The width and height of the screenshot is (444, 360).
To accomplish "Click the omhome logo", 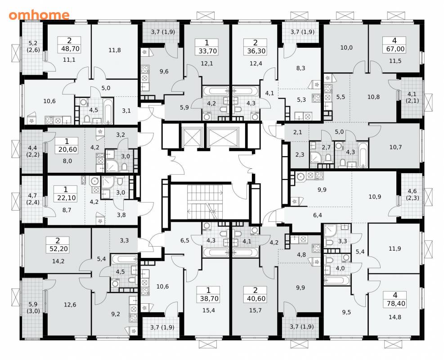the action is click(x=39, y=15).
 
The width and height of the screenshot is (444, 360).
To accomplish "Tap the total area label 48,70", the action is click(x=69, y=49).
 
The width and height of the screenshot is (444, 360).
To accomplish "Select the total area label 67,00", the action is click(x=395, y=49).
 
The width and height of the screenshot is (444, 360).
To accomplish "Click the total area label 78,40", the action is click(x=395, y=304).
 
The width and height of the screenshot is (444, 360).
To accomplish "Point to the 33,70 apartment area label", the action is click(x=207, y=51).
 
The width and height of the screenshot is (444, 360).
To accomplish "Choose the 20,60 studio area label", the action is click(x=67, y=149).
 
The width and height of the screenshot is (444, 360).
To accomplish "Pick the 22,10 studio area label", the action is click(x=67, y=198).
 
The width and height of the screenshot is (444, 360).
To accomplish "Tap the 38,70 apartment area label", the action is click(x=209, y=298).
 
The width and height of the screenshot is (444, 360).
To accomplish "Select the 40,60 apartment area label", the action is click(x=256, y=298).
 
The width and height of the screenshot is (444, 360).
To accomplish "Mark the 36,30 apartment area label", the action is click(x=256, y=51).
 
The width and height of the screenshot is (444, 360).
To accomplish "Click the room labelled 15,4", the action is click(x=209, y=310).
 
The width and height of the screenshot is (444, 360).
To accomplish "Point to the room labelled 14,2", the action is click(x=58, y=261).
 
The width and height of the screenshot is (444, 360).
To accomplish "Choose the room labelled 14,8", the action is click(x=395, y=317).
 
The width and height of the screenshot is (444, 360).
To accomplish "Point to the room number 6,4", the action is click(x=318, y=215).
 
